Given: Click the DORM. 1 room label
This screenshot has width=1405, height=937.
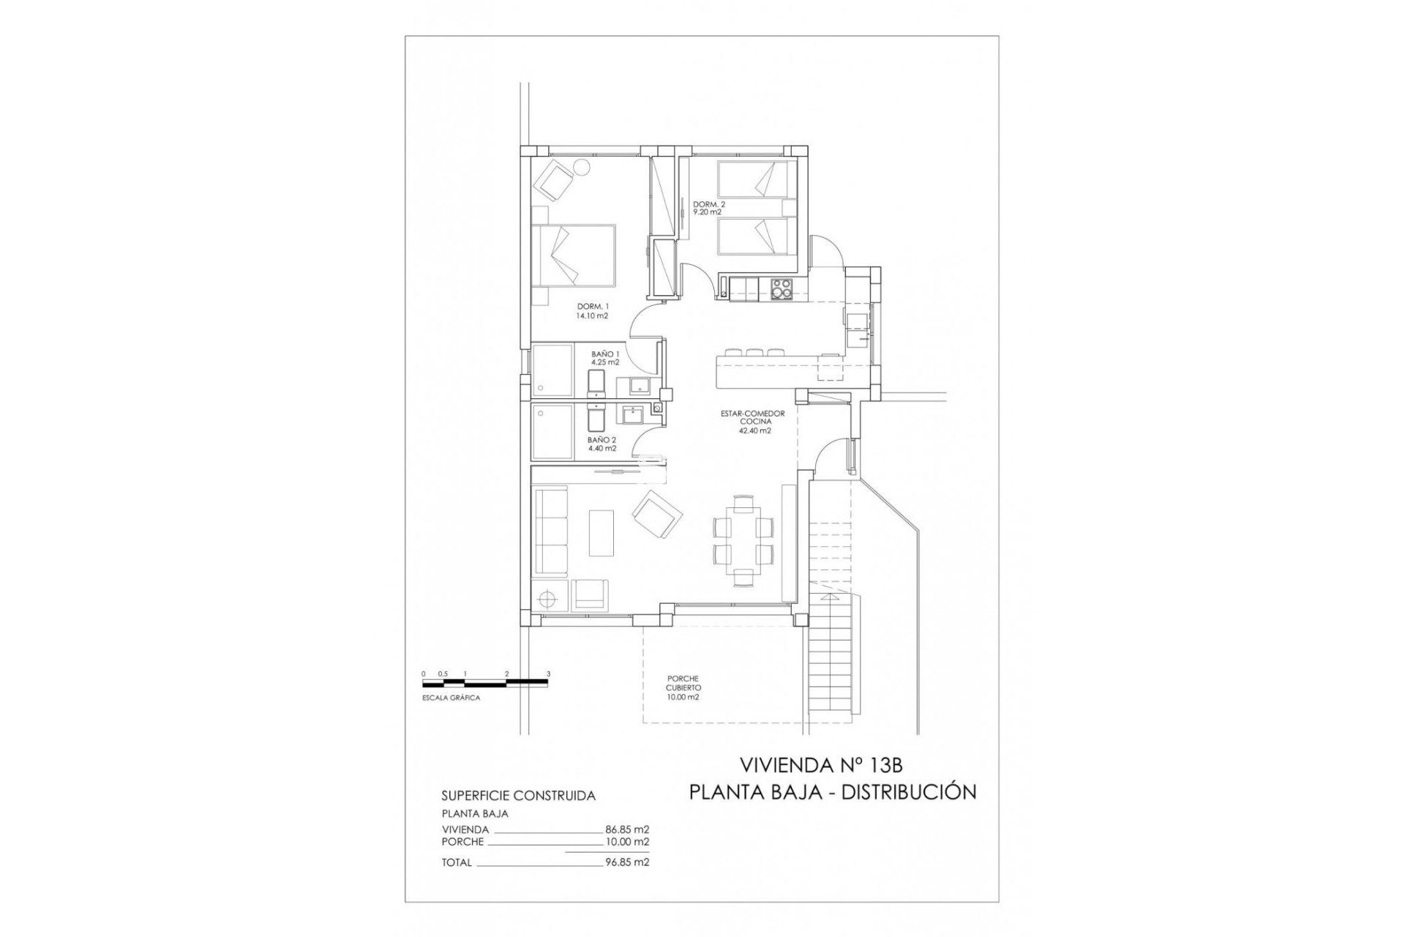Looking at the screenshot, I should (592, 311).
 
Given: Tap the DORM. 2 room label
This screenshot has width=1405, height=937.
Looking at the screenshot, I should (708, 208).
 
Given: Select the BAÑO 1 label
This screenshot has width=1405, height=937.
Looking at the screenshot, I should (605, 358).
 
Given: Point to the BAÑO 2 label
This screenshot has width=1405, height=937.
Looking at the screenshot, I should (602, 444).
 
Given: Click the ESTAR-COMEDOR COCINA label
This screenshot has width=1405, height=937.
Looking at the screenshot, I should (752, 422).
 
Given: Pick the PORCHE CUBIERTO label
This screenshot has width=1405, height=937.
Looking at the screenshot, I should (683, 688).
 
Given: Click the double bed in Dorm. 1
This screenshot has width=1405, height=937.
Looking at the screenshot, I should (573, 255).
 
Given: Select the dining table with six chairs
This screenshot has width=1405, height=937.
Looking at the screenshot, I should (743, 540).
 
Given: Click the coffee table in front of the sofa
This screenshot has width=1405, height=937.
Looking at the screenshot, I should (602, 532).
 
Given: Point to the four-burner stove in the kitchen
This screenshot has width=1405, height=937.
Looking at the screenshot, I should (781, 289).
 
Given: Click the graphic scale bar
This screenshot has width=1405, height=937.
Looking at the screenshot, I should (485, 683).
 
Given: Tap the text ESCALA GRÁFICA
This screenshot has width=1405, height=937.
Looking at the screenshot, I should (452, 698).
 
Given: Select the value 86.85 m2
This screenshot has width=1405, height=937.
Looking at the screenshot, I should (627, 830).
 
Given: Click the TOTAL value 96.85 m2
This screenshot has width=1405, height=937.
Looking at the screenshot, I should (627, 862).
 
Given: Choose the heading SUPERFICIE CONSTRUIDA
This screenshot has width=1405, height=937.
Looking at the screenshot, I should (518, 796).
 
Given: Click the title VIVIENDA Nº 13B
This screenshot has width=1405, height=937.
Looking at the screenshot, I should (821, 766).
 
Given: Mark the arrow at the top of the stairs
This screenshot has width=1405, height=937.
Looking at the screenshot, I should (831, 598).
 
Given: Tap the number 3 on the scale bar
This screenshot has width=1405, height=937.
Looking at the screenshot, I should (548, 674).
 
